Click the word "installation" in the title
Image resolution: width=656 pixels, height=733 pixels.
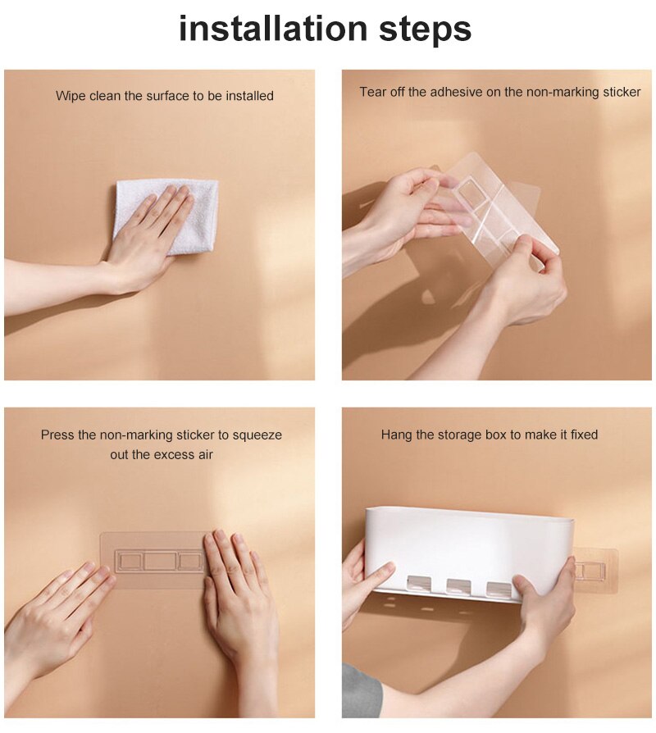273,28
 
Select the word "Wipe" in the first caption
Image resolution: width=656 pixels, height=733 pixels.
71,96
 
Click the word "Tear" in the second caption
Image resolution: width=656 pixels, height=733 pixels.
373,92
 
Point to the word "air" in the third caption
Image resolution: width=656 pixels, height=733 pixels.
206,454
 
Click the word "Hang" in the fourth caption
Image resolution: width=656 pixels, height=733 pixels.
395,435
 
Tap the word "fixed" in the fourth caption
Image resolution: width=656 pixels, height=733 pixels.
584,435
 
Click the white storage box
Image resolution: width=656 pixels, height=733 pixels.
467,552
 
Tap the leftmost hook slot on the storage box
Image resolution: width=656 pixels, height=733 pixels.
419,585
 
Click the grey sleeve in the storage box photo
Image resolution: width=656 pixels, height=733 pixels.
360,691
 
